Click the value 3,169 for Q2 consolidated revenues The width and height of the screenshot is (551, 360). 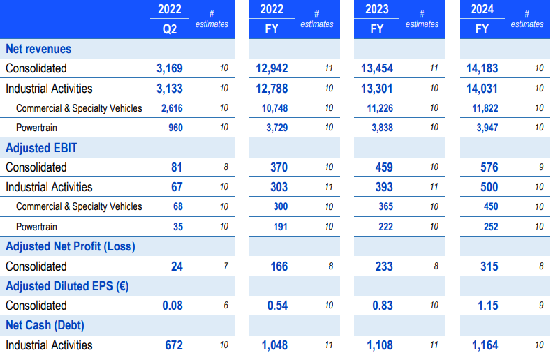click(169, 68)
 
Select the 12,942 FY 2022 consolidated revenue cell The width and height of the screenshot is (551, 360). click(272, 68)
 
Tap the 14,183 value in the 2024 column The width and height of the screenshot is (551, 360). click(482, 68)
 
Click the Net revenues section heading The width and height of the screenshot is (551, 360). click(38, 49)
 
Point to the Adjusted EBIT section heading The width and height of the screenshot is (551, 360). click(41, 148)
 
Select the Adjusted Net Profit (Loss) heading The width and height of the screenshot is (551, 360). click(70, 247)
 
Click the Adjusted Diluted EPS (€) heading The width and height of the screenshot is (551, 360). click(67, 286)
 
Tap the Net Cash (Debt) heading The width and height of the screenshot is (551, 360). click(45, 325)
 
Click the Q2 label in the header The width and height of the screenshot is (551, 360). click(170, 29)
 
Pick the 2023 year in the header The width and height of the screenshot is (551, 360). click(377, 9)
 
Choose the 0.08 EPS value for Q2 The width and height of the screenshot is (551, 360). click(172, 305)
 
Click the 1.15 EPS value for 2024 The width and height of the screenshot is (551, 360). click(488, 305)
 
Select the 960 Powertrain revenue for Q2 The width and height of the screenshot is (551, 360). click(175, 128)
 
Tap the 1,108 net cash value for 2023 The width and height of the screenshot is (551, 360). click(379, 345)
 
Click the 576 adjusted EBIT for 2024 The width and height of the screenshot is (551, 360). click(489, 167)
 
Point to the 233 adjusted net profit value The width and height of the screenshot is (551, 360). click(384, 266)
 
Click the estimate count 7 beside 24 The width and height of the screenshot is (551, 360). click(226, 266)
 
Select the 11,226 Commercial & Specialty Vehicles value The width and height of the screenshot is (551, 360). click(379, 108)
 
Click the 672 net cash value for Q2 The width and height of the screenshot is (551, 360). click(174, 345)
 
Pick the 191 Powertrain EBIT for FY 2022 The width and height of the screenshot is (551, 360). click(280, 227)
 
